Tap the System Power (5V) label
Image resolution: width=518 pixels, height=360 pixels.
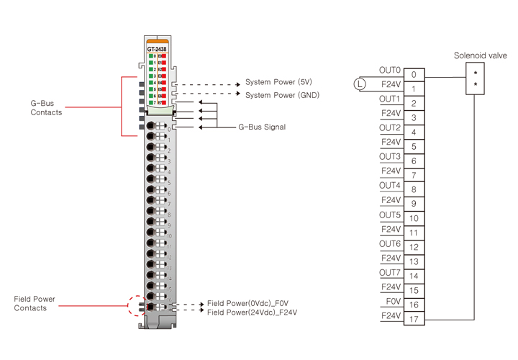pyautogui.click(x=279, y=82)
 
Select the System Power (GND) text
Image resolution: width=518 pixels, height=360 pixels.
pyautogui.click(x=282, y=95)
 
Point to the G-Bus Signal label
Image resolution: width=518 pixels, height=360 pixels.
pyautogui.click(x=262, y=127)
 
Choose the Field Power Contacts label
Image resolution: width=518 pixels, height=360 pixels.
pyautogui.click(x=34, y=303)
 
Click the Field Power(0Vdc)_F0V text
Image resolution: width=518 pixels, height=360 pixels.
pyautogui.click(x=247, y=303)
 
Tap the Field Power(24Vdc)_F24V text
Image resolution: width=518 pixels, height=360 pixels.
pyautogui.click(x=252, y=312)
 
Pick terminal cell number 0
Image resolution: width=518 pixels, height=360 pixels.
pyautogui.click(x=414, y=74)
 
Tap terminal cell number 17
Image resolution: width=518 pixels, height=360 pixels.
pyautogui.click(x=414, y=319)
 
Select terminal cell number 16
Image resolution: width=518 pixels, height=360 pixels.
pyautogui.click(x=414, y=305)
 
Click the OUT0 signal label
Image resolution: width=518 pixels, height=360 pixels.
pyautogui.click(x=389, y=70)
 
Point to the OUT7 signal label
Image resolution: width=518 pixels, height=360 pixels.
pyautogui.click(x=389, y=272)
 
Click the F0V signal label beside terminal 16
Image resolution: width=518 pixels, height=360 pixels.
pyautogui.click(x=391, y=301)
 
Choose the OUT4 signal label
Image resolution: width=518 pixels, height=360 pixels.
pyautogui.click(x=389, y=185)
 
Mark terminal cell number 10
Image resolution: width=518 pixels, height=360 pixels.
pyautogui.click(x=414, y=218)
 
